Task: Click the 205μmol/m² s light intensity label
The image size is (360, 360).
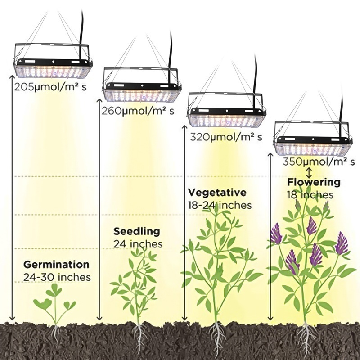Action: pos(49,87)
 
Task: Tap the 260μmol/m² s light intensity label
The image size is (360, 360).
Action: pos(138,111)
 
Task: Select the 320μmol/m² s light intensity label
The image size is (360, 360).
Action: pos(226,137)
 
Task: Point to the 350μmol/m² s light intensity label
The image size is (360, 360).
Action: pos(319,162)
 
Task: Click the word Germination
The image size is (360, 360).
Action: pos(56,264)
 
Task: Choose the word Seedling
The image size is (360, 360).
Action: pos(136,232)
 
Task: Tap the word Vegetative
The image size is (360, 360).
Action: pos(217,193)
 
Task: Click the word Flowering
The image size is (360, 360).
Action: pos(314,182)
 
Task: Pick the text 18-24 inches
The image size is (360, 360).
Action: pos(220,205)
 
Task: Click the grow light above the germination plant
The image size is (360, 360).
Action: pos(52,61)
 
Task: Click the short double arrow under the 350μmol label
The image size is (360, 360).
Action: pos(309,172)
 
